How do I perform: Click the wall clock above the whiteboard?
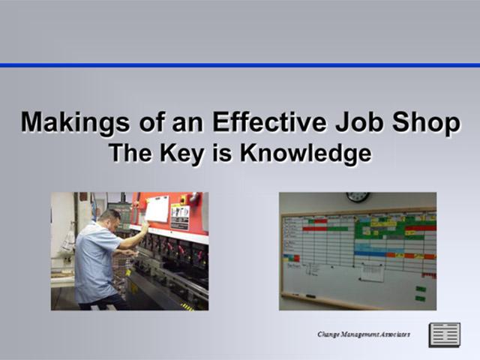(x=358, y=197)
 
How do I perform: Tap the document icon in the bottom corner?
(x=444, y=334)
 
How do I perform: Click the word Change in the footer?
(x=330, y=333)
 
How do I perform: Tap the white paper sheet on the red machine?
(x=157, y=209)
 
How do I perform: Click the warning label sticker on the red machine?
(x=180, y=217)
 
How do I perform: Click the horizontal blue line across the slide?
(x=240, y=65)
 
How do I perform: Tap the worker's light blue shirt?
(x=96, y=262)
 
